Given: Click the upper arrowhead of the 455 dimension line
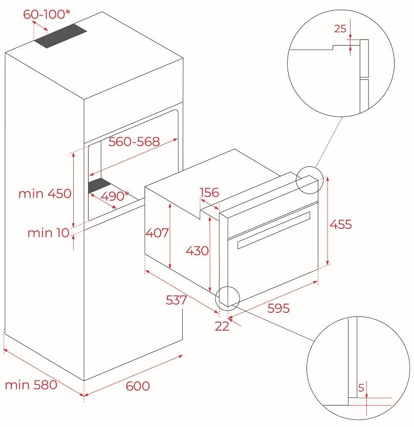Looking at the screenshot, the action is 328,178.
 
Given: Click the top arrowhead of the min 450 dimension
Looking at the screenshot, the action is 73,155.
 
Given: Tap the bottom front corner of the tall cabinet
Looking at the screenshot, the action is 84,381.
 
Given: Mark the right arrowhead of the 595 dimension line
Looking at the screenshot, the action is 316,282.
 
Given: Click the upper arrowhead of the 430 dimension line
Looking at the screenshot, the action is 210,219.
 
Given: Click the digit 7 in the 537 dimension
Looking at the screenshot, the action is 182,300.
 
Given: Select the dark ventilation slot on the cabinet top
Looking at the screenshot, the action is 60,36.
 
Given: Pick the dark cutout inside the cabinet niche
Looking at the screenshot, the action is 99,186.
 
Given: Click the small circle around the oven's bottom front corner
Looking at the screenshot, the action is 227,298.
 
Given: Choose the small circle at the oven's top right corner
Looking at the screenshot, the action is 310,180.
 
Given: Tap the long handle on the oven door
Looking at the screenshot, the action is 274,230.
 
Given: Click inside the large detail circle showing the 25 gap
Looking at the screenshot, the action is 341,63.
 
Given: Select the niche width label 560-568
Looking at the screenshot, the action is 134,142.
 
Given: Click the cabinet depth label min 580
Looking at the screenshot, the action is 31,385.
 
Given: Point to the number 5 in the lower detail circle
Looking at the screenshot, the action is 361,388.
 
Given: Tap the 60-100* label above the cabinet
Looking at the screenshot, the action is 47,14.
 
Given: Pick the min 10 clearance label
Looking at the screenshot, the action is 49,233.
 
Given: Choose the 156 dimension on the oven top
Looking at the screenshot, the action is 209,193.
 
